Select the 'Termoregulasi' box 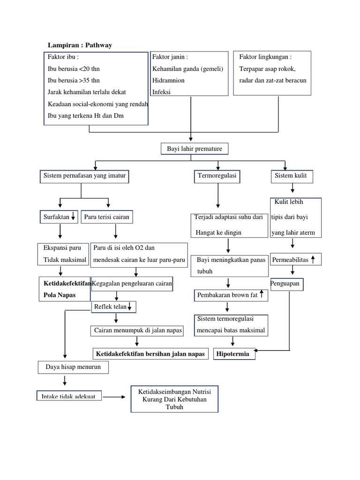pyautogui.click(x=217, y=177)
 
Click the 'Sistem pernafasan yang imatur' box pyautogui.click(x=85, y=177)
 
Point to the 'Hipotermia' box pyautogui.click(x=234, y=354)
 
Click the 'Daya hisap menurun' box pyautogui.click(x=73, y=367)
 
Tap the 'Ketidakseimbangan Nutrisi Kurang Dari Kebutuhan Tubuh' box pyautogui.click(x=174, y=399)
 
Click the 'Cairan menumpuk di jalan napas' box pyautogui.click(x=137, y=330)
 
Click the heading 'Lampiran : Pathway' pyautogui.click(x=80, y=45)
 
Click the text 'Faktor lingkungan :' pyautogui.click(x=265, y=57)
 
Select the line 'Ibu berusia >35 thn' pyautogui.click(x=74, y=80)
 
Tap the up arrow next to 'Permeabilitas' pyautogui.click(x=313, y=259)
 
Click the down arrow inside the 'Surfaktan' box pyautogui.click(x=73, y=217)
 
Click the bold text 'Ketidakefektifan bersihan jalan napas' pyautogui.click(x=150, y=354)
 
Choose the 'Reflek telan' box pyautogui.click(x=115, y=307)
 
